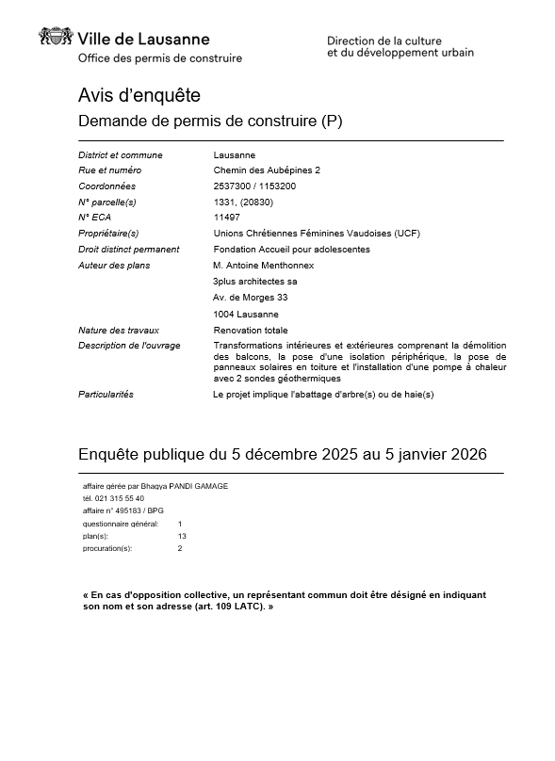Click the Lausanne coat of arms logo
tap(55, 38)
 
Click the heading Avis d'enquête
tap(139, 95)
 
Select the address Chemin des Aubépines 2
tap(267, 170)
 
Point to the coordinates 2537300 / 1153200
tap(254, 186)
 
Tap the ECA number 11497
tap(226, 217)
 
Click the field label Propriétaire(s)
tap(108, 233)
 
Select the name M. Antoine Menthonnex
tap(263, 266)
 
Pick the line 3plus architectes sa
tap(255, 282)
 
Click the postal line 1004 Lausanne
tap(246, 314)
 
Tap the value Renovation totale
tap(251, 331)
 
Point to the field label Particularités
tap(106, 394)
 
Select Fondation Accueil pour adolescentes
tap(292, 250)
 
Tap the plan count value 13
tap(182, 535)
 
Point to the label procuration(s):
tap(107, 547)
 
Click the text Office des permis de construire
tap(160, 58)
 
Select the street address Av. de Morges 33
tap(250, 298)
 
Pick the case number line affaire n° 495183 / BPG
tap(122, 510)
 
